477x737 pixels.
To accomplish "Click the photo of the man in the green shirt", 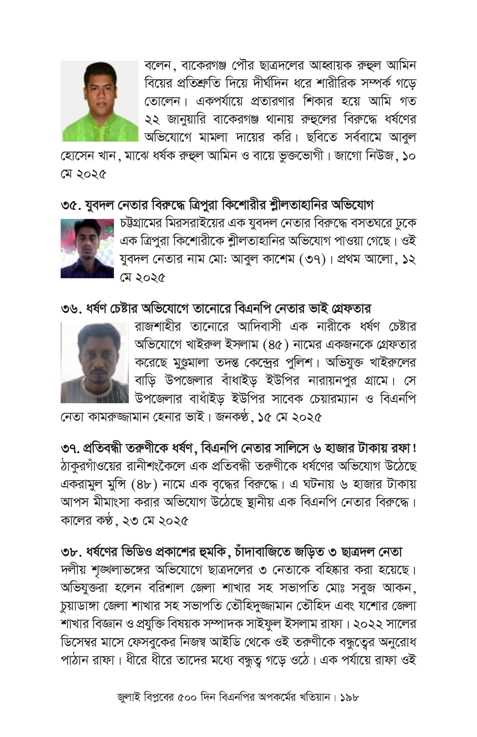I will coord(99,101).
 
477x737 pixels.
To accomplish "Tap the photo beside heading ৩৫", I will coord(87,248).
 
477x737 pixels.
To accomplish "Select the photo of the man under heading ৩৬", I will coord(95,362).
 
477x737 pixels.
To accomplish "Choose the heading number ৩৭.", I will coord(69,448).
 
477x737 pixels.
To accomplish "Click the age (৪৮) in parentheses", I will coord(145,484).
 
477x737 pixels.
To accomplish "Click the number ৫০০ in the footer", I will coord(187,697).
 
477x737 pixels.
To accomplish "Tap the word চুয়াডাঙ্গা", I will coord(80,606).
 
